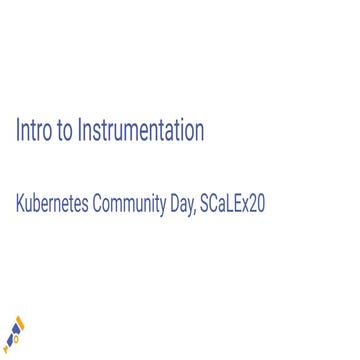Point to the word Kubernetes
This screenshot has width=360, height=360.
(52, 204)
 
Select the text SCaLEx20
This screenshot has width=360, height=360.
(232, 204)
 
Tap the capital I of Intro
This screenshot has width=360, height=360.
(18, 130)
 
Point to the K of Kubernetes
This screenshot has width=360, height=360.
(19, 204)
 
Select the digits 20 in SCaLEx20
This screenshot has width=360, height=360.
(257, 204)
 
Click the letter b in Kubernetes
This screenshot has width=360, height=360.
(38, 204)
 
